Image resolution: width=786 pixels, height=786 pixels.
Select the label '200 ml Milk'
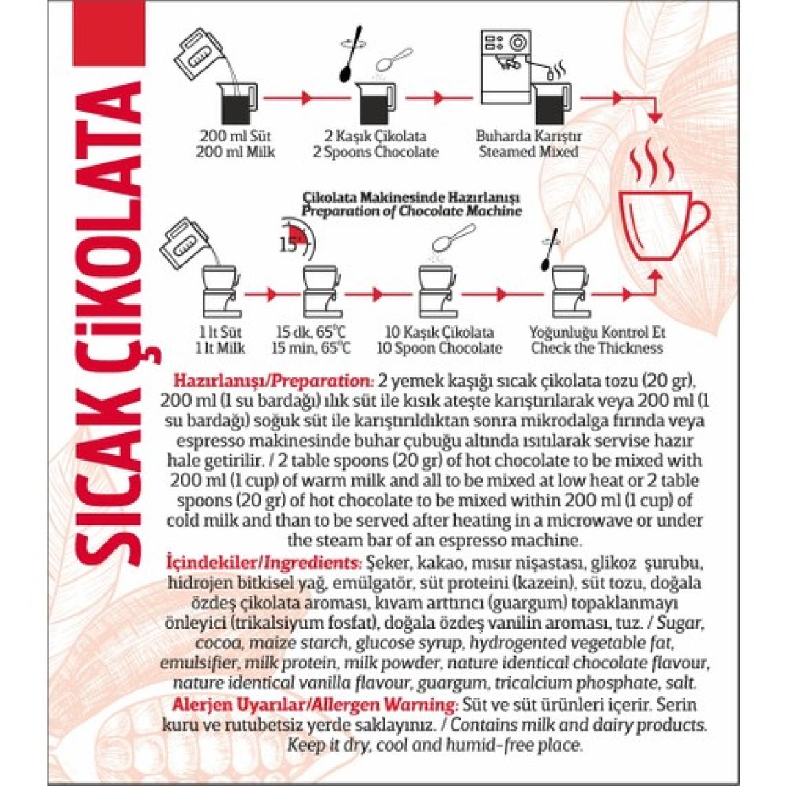pyautogui.click(x=236, y=152)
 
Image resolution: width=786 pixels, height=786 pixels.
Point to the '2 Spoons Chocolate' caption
pyautogui.click(x=376, y=152)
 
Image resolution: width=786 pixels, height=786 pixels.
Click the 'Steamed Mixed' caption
pyautogui.click(x=529, y=152)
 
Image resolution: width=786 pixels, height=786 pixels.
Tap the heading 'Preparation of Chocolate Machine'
pyautogui.click(x=412, y=211)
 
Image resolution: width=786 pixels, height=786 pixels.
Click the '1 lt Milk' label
pyautogui.click(x=221, y=348)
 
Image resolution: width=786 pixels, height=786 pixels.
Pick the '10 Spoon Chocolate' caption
pyautogui.click(x=439, y=348)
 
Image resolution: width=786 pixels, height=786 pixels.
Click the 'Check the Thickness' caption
pyautogui.click(x=597, y=348)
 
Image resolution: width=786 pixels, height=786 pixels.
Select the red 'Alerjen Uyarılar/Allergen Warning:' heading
pyautogui.click(x=310, y=705)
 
